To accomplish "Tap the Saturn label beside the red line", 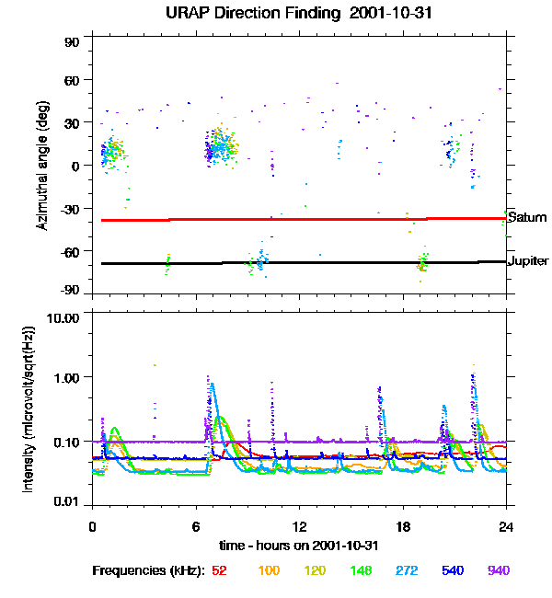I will tap(527, 218).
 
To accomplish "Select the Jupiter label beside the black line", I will tap(528, 260).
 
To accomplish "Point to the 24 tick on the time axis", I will tap(506, 527).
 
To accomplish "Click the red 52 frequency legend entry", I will tap(220, 570).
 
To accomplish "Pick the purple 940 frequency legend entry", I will tap(498, 570).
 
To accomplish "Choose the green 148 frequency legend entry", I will tap(360, 570).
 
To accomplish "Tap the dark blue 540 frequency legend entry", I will tap(453, 570).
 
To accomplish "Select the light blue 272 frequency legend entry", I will tap(406, 570).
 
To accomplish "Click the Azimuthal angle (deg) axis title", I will tap(41, 166).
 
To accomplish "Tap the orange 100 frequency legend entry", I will tap(268, 570).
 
